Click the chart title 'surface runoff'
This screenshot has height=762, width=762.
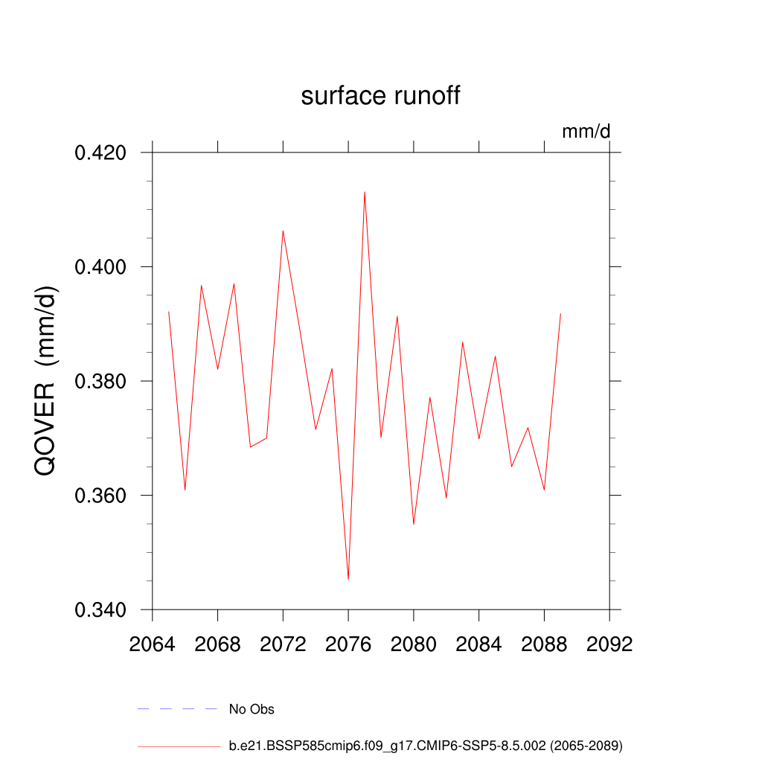380,96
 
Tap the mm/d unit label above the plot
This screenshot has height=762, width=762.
586,132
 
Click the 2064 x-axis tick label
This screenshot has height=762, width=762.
153,644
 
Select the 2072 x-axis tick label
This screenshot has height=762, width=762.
283,644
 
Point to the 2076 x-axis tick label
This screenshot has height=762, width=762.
348,644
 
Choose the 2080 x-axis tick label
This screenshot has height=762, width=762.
414,644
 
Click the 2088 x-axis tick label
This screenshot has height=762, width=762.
544,644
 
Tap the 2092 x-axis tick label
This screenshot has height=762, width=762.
609,644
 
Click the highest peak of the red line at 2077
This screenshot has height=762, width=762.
365,192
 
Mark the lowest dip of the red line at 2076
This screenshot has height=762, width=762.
348,579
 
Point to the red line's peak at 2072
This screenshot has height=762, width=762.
283,231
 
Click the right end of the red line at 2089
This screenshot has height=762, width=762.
560,314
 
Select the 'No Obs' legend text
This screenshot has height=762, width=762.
252,709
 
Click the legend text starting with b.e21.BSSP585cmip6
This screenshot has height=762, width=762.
426,745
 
